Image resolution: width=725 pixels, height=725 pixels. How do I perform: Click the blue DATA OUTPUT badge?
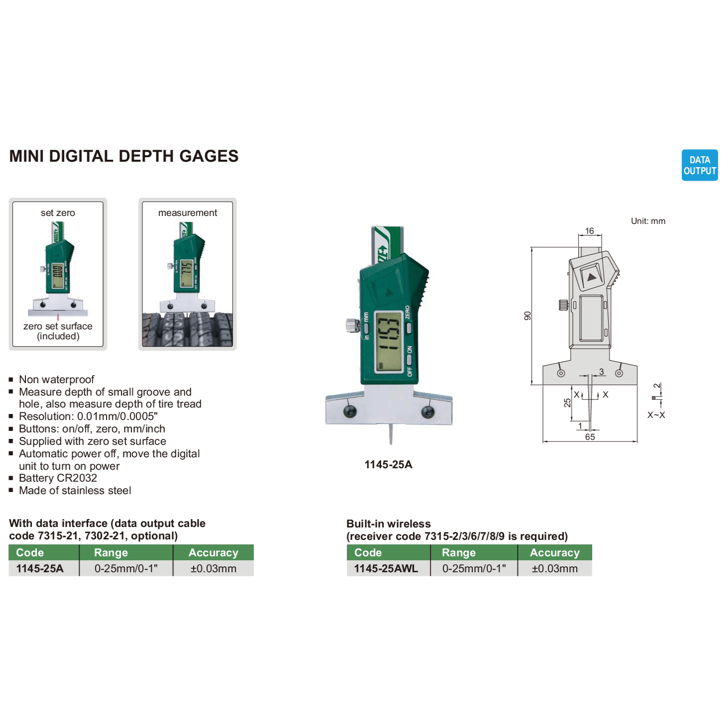699,165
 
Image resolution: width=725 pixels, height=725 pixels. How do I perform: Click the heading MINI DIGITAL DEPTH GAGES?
124,156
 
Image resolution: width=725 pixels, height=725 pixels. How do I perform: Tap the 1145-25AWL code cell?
386,568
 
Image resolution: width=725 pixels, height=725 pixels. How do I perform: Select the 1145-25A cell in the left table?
40,568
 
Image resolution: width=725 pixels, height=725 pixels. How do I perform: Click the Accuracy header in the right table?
554,553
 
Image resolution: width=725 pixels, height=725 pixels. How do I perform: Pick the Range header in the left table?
111,553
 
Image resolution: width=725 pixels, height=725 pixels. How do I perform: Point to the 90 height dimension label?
527,316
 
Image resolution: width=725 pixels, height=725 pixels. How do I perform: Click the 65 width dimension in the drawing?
590,437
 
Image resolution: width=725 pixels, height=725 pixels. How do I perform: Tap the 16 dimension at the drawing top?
589,231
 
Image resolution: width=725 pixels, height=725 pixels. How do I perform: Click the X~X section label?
656,415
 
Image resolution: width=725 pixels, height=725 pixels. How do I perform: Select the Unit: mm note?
648,221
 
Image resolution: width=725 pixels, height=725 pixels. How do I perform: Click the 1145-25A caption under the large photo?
388,465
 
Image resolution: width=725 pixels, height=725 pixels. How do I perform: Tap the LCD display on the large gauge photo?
388,341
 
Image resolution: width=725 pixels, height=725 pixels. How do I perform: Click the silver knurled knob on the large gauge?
352,325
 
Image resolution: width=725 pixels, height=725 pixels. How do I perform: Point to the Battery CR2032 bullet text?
58,478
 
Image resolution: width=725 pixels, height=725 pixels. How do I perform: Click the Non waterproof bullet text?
56,380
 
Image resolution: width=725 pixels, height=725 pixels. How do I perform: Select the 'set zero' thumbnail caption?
58,213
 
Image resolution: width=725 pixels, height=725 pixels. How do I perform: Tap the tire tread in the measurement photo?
187,329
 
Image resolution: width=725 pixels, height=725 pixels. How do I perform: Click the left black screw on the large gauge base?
350,411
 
